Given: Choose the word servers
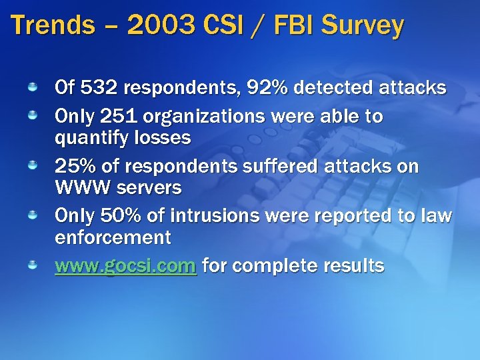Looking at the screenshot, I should tap(149, 188).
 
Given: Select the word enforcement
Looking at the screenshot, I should tap(113, 237).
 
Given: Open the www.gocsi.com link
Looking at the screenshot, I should tap(125, 266).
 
